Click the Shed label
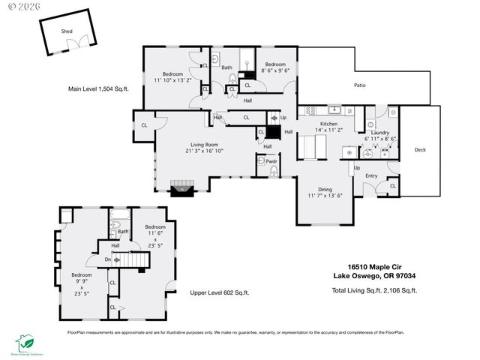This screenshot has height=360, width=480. click(67, 31)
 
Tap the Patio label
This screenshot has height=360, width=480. click(360, 85)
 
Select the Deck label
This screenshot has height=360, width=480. click(420, 150)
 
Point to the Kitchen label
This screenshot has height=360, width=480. click(329, 124)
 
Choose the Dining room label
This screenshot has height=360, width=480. click(325, 190)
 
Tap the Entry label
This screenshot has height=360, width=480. click(370, 175)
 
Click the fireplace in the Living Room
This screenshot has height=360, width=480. click(180, 187)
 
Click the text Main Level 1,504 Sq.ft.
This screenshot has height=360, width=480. click(98, 88)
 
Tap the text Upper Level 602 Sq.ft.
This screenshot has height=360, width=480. click(219, 292)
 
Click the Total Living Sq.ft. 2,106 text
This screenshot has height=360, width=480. click(374, 289)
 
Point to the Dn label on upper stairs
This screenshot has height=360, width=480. click(107, 259)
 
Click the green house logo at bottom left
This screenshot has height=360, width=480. click(25, 342)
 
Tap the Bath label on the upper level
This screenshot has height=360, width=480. click(123, 232)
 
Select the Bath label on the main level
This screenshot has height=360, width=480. click(226, 67)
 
